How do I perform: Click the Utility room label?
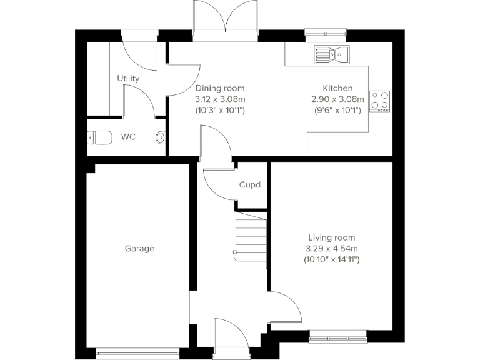(x=128, y=79)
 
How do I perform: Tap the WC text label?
(x=129, y=136)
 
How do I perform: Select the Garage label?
(x=139, y=249)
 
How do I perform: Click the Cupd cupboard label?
(x=249, y=185)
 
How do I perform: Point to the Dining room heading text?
(x=220, y=88)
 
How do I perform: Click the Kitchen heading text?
(x=337, y=88)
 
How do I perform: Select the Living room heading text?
(x=331, y=237)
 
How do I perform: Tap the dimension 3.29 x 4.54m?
(x=331, y=248)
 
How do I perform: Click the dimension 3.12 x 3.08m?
(x=220, y=99)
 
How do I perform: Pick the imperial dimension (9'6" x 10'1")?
(x=337, y=110)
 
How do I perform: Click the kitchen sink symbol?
(x=331, y=54)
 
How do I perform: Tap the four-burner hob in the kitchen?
(x=380, y=100)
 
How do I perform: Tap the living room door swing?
(x=284, y=306)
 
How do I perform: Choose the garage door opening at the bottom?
(x=140, y=354)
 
